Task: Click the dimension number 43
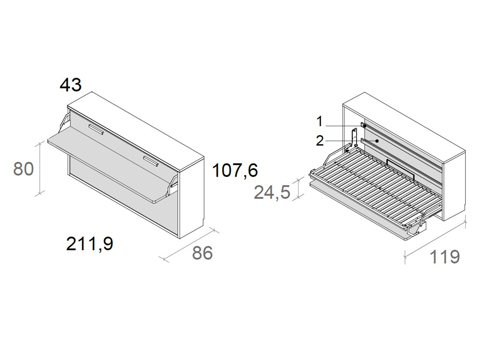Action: pyautogui.click(x=71, y=85)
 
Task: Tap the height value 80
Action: pyautogui.click(x=24, y=169)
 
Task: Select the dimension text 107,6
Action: pyautogui.click(x=235, y=170)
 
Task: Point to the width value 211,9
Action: pyautogui.click(x=90, y=244)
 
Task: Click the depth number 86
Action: pyautogui.click(x=202, y=253)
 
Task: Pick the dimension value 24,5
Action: pyautogui.click(x=272, y=192)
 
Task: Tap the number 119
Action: pyautogui.click(x=444, y=257)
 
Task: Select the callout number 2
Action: pyautogui.click(x=320, y=141)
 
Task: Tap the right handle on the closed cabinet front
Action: pyautogui.click(x=150, y=161)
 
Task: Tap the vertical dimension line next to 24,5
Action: pyautogui.click(x=300, y=188)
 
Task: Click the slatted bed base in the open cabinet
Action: pyautogui.click(x=374, y=187)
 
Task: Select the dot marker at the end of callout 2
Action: pyautogui.click(x=377, y=141)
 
